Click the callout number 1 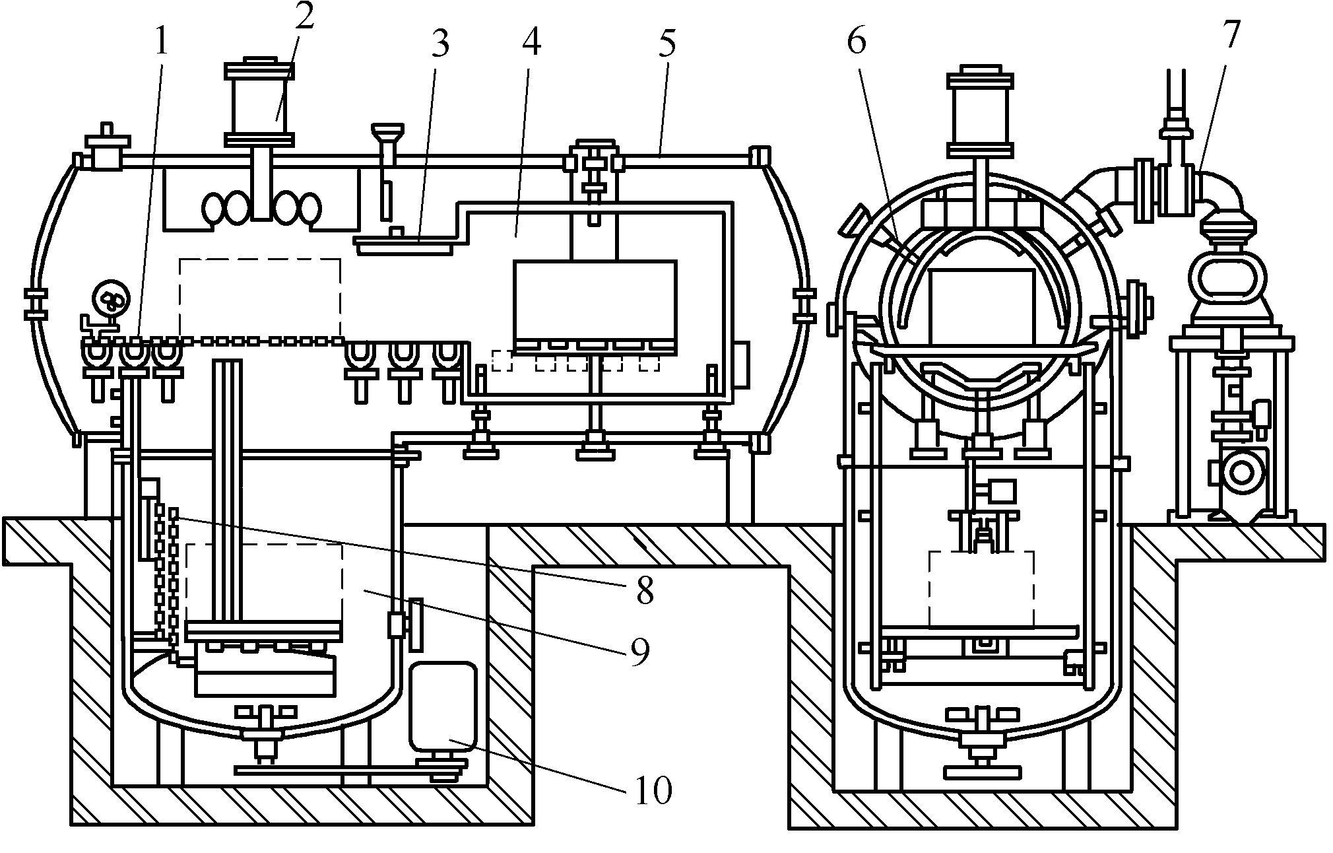pyautogui.click(x=160, y=43)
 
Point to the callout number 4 pyautogui.click(x=531, y=43)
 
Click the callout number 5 pyautogui.click(x=666, y=43)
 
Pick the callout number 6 pyautogui.click(x=856, y=43)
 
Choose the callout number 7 pyautogui.click(x=1231, y=34)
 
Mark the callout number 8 pyautogui.click(x=644, y=590)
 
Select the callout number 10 pyautogui.click(x=653, y=790)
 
